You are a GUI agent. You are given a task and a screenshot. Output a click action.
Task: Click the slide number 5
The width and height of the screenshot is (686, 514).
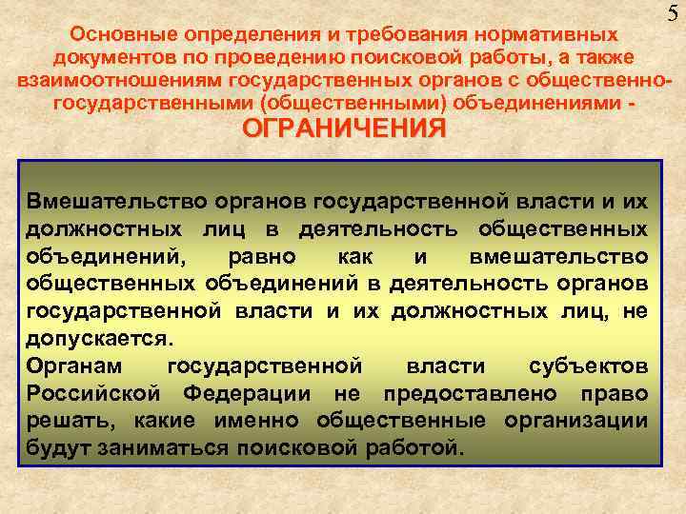674,14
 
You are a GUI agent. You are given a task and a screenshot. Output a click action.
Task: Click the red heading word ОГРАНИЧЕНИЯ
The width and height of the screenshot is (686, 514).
343,128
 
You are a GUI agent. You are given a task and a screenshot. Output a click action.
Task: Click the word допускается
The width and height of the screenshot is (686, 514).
100,338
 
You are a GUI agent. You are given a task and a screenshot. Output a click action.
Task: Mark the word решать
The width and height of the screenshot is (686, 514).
63,420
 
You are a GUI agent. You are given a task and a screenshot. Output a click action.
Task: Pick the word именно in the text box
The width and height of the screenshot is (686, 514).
251,420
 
